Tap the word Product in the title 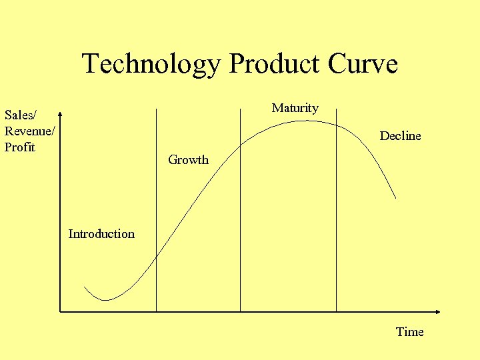(274, 65)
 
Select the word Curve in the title (363, 65)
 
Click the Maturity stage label (295, 108)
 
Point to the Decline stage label (400, 136)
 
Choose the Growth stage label (188, 160)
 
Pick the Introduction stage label (101, 234)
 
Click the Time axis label (409, 332)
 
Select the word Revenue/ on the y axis (29, 131)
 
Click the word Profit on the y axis (19, 147)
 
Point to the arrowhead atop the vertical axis (59, 113)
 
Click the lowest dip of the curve (104, 300)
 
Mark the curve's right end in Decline (395, 198)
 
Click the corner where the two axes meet (59, 311)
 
